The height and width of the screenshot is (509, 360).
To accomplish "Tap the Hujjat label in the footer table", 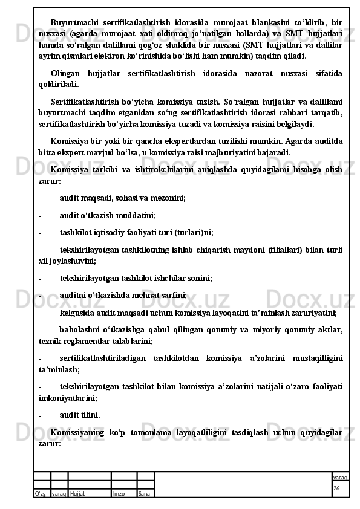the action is (x=77, y=493).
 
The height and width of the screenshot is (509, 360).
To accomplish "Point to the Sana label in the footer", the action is (x=144, y=493).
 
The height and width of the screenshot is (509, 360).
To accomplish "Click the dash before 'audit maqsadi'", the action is (x=39, y=197).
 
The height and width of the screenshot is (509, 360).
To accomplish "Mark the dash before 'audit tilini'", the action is (x=39, y=415).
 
